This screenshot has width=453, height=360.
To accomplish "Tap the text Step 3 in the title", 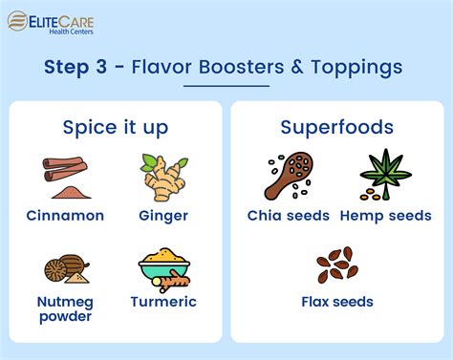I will (79, 67).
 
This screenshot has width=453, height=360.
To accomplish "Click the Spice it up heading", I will (117, 128).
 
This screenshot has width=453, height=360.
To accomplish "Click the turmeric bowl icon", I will (162, 269).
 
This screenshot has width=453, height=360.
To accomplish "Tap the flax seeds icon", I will (335, 264).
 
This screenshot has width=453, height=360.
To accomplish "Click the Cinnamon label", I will (65, 216).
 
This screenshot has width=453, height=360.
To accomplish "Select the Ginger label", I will (162, 216).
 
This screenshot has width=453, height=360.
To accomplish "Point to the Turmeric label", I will (162, 302).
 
